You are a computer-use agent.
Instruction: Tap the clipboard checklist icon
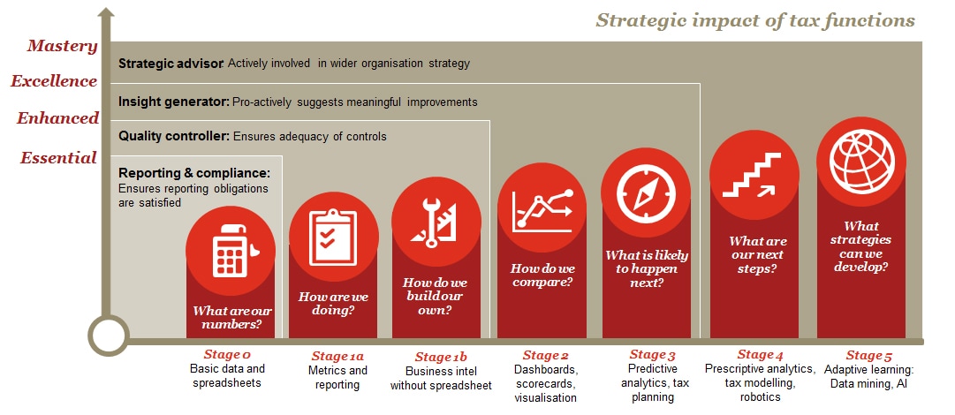(x=332, y=237)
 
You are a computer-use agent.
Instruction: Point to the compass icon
(x=646, y=192)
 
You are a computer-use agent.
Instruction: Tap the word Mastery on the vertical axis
(x=62, y=46)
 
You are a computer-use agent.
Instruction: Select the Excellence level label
(x=54, y=81)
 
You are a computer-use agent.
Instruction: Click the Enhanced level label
(x=57, y=118)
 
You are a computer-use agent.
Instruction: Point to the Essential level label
(x=58, y=158)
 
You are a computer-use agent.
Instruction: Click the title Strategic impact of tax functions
(x=755, y=20)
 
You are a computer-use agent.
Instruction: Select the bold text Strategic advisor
(x=171, y=64)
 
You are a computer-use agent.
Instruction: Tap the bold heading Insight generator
(x=174, y=102)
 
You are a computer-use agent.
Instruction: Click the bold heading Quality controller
(x=174, y=136)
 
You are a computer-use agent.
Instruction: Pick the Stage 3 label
(x=652, y=355)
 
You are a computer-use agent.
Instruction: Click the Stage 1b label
(x=441, y=358)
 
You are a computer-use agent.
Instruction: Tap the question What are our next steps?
(x=756, y=255)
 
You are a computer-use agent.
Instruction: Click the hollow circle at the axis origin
(x=109, y=336)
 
